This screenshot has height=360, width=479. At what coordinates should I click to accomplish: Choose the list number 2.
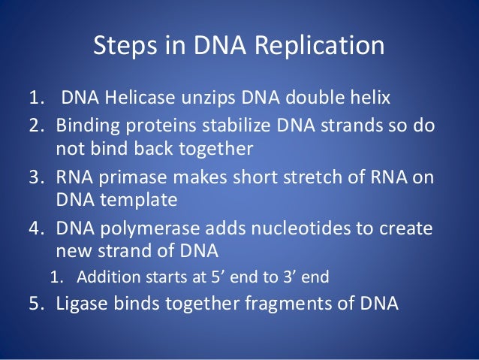[x=38, y=126]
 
